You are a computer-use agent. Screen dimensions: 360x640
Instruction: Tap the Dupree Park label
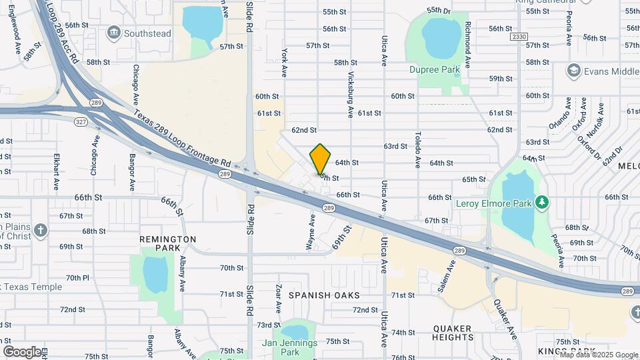pyautogui.click(x=435, y=69)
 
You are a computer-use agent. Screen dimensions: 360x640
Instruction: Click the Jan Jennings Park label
pyautogui.click(x=290, y=347)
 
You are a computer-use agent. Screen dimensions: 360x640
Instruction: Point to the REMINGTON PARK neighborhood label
pyautogui.click(x=167, y=243)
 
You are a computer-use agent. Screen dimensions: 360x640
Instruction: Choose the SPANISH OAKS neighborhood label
pyautogui.click(x=324, y=295)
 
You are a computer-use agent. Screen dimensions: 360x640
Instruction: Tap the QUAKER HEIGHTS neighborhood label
pyautogui.click(x=453, y=333)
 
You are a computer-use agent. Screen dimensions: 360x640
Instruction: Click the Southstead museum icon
pyautogui.click(x=113, y=33)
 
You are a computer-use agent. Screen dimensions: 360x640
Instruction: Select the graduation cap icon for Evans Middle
pyautogui.click(x=573, y=71)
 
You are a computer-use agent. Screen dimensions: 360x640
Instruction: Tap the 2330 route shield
pyautogui.click(x=519, y=37)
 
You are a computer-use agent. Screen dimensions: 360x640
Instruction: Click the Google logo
pyautogui.click(x=22, y=351)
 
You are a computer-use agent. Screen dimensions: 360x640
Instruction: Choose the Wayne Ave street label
pyautogui.click(x=311, y=232)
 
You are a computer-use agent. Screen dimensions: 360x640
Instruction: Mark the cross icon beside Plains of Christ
pyautogui.click(x=41, y=231)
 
